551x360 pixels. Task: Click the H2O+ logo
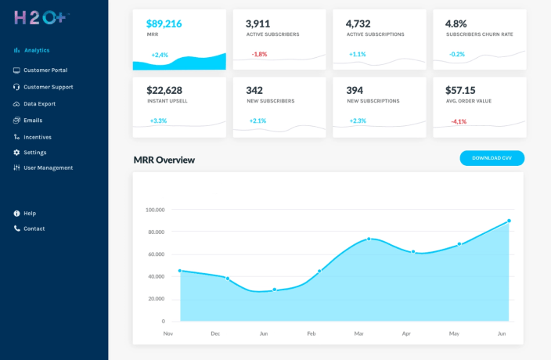(41, 16)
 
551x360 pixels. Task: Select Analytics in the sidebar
(36, 50)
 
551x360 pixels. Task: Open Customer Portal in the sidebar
(45, 70)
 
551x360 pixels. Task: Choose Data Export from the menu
(39, 103)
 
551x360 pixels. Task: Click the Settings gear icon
(16, 152)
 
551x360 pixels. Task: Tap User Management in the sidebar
(48, 167)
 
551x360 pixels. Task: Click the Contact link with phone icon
(34, 229)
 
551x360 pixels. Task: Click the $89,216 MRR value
(164, 23)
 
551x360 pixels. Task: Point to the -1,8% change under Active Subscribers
(259, 54)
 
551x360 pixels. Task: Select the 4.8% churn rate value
(456, 23)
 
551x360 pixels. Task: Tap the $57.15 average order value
(460, 90)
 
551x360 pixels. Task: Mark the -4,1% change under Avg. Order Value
(459, 121)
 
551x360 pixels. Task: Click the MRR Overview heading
(164, 160)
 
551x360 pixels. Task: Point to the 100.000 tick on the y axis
(155, 210)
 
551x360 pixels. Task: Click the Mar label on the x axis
(359, 333)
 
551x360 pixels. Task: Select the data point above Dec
(228, 279)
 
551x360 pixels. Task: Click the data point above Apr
(413, 252)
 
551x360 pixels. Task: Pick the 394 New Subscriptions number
(355, 90)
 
